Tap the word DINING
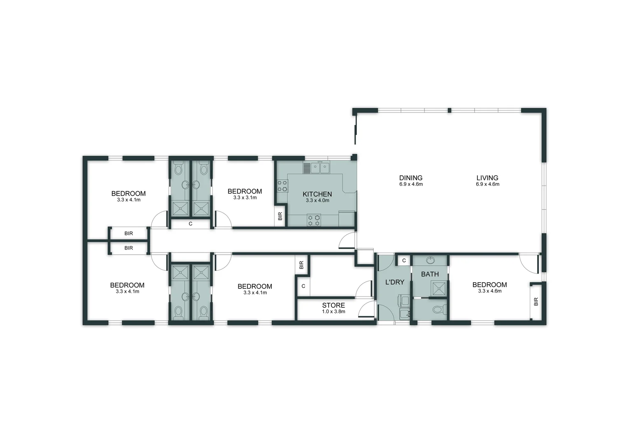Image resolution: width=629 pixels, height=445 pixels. pos(411,178)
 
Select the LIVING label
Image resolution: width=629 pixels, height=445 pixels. pos(487,178)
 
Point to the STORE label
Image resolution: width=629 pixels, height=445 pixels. pos(333,305)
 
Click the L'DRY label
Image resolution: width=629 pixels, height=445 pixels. pos(395,282)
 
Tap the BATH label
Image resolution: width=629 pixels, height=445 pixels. pos(430,274)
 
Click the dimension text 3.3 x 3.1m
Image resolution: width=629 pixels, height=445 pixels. pos(245,198)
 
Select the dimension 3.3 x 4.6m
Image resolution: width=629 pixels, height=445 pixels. pos(490,291)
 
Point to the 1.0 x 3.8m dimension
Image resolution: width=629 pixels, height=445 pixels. pos(333,311)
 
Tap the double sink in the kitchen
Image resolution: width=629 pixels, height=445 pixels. pos(320,168)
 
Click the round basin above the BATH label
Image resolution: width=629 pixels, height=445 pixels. pos(430,260)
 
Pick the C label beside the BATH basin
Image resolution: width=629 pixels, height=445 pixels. pos(404,260)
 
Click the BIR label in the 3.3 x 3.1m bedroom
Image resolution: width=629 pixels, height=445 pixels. pos(280,216)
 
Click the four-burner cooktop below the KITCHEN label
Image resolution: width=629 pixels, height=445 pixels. pos(314,220)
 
